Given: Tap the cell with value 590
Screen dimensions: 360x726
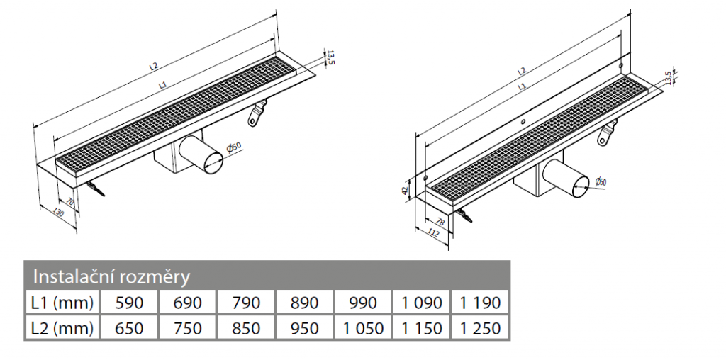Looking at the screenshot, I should tap(129, 303).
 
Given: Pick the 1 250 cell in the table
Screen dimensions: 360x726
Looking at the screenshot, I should tap(480, 328).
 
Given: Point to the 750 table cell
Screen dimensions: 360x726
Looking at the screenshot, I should tap(187, 328).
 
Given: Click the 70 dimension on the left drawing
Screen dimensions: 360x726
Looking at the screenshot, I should tap(69, 203).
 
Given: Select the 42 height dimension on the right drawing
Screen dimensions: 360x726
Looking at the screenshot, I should tap(406, 190).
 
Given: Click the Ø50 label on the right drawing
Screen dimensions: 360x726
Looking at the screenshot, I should tap(600, 181).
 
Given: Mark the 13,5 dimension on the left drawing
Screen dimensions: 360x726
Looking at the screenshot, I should tap(330, 57).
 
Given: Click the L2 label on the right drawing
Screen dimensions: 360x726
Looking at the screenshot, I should tap(522, 71).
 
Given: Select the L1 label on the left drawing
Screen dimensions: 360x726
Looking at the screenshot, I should tap(162, 84).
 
